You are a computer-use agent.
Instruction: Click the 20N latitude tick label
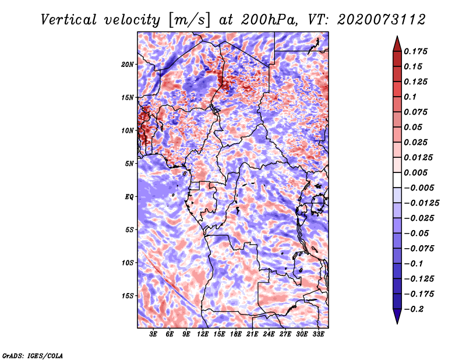tap(128, 64)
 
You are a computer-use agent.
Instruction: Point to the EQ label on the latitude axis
tap(129, 196)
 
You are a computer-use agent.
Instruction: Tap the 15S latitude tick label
tap(128, 296)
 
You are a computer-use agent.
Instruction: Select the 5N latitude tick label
tap(129, 164)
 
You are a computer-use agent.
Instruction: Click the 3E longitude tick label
tap(153, 334)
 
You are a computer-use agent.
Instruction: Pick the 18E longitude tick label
tap(236, 334)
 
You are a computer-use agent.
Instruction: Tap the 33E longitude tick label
tap(318, 334)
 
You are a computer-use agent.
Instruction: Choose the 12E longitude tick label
tap(203, 334)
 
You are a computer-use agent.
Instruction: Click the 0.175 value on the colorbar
tap(415, 51)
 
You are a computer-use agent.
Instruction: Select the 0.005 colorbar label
tap(415, 172)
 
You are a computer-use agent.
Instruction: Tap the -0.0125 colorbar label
tap(422, 203)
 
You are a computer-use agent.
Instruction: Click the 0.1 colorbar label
tap(410, 97)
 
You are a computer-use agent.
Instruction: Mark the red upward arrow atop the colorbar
tap(397, 44)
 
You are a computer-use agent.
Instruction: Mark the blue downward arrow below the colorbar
tap(397, 316)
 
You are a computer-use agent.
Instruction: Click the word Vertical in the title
tap(69, 20)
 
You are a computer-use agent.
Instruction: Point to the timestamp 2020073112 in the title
tap(382, 20)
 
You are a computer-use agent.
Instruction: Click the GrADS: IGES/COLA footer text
tap(33, 356)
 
